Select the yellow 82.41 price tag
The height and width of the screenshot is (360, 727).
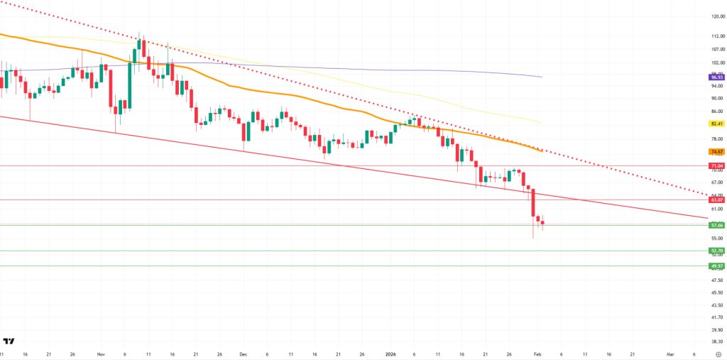[716, 124]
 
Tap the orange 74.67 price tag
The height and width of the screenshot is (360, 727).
[716, 151]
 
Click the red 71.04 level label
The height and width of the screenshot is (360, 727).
[716, 165]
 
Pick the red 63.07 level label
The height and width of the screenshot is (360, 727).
[716, 200]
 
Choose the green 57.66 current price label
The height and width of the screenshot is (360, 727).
[716, 225]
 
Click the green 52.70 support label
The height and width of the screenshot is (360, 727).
[716, 251]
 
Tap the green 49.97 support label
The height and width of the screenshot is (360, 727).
[716, 266]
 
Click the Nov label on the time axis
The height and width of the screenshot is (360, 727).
[100, 353]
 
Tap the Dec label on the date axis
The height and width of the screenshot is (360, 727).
[244, 353]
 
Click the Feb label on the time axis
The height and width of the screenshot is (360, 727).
[537, 353]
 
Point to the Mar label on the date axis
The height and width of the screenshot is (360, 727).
[670, 353]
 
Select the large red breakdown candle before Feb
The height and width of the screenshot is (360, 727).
[532, 203]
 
